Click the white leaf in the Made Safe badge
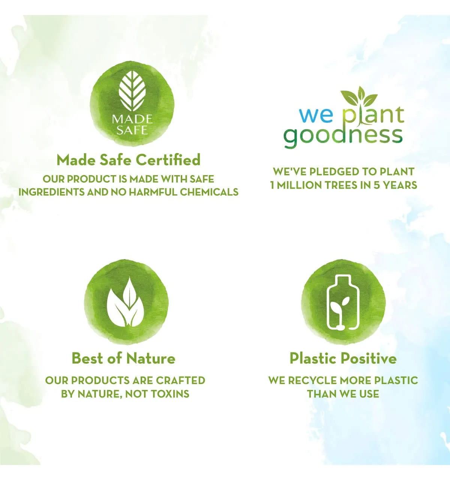(x=132, y=91)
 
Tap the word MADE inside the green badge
(x=132, y=119)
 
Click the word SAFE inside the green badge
(x=132, y=130)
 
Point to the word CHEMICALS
(x=209, y=192)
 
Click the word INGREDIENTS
(x=51, y=192)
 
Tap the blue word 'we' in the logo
(x=312, y=115)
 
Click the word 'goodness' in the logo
(x=343, y=137)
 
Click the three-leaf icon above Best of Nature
(x=126, y=302)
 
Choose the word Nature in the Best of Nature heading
(x=151, y=358)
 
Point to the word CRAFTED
(x=180, y=380)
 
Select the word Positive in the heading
(x=370, y=358)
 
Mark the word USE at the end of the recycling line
(x=369, y=394)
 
